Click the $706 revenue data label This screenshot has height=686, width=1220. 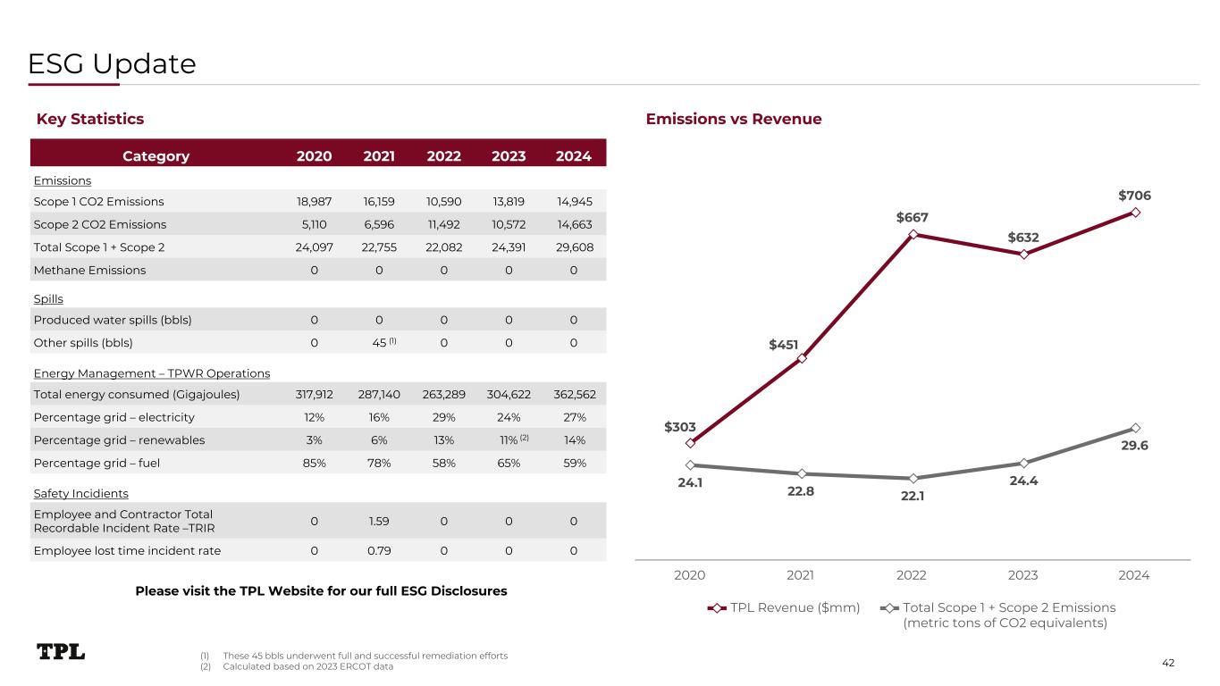tap(1134, 195)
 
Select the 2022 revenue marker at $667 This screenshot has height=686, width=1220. tap(913, 234)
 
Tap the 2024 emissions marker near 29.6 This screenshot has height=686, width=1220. tap(1135, 427)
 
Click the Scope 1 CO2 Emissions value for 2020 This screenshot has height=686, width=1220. tap(314, 201)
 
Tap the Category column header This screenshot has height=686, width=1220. tap(156, 155)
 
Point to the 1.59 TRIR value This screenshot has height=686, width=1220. tap(379, 521)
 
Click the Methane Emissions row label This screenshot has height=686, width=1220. tap(89, 270)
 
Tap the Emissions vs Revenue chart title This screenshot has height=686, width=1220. tap(734, 119)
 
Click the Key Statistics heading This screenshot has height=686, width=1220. tap(89, 119)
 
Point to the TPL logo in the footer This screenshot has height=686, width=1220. tap(61, 652)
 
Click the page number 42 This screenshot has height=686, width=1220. tap(1168, 662)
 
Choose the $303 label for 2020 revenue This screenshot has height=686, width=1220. tap(680, 428)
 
